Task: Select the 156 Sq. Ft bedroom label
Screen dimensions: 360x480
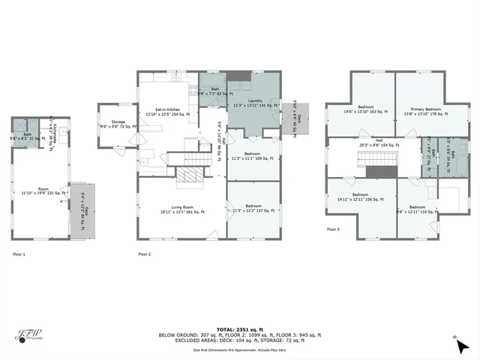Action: (x=361, y=197)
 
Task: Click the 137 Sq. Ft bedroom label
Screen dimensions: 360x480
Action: (x=254, y=209)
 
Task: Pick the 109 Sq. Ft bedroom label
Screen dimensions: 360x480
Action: (x=254, y=156)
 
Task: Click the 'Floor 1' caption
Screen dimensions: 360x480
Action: (x=18, y=254)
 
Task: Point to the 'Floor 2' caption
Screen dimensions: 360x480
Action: (x=145, y=254)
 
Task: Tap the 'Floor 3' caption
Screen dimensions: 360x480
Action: (x=334, y=229)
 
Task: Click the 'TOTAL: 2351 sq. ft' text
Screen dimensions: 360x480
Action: (x=239, y=329)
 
